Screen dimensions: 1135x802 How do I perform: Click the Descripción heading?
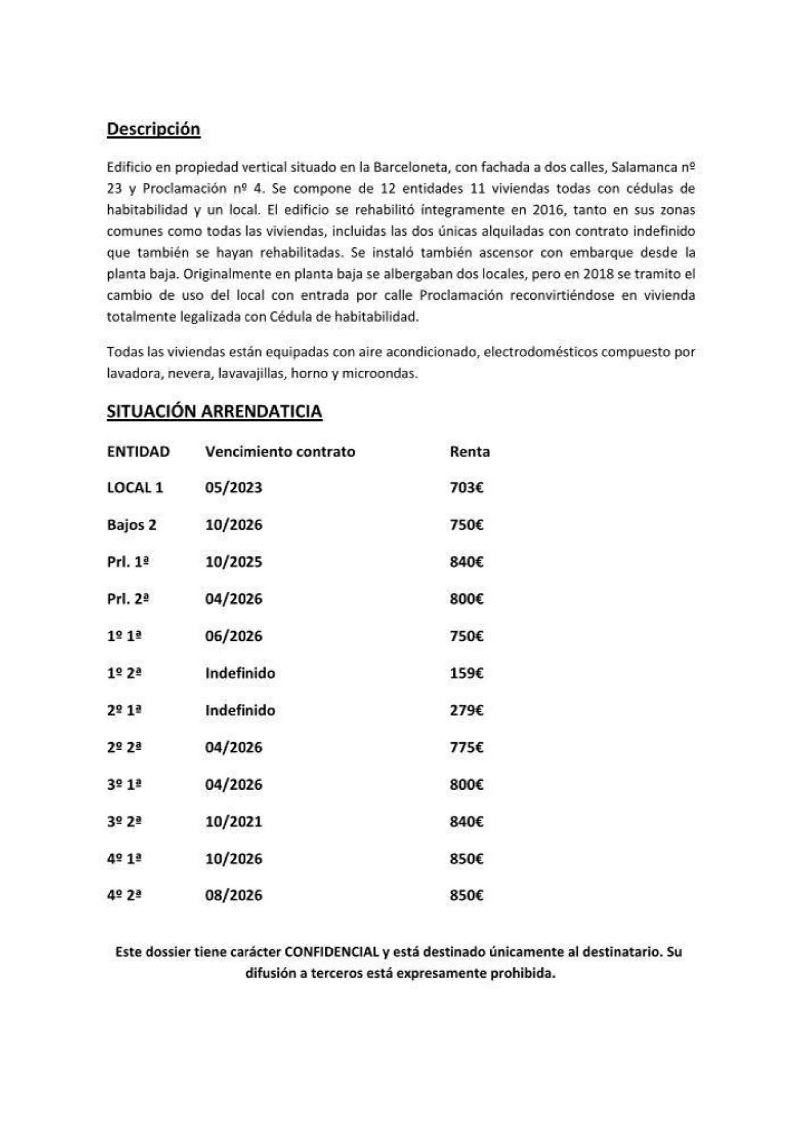point(153,129)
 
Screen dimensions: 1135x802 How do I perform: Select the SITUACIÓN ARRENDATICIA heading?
point(214,412)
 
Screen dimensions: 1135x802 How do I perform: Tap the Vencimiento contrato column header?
point(280,452)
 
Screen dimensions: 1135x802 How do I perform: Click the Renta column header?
point(469,452)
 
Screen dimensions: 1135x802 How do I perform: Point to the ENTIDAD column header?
point(139,452)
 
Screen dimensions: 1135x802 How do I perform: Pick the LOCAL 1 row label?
point(135,488)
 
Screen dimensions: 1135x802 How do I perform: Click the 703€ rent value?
point(466,488)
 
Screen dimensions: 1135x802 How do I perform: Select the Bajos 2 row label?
point(131,525)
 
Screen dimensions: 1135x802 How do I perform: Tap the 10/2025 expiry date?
point(234,562)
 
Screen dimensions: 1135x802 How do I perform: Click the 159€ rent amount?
point(466,673)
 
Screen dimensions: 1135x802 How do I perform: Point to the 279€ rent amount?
point(466,710)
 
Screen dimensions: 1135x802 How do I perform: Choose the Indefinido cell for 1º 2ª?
point(240,673)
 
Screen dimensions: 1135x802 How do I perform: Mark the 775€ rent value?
point(466,748)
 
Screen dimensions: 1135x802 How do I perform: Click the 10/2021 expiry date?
point(234,822)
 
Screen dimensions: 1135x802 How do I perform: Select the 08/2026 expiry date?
point(234,896)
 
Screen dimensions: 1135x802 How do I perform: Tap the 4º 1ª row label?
point(124,859)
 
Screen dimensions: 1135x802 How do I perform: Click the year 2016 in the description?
point(547,210)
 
